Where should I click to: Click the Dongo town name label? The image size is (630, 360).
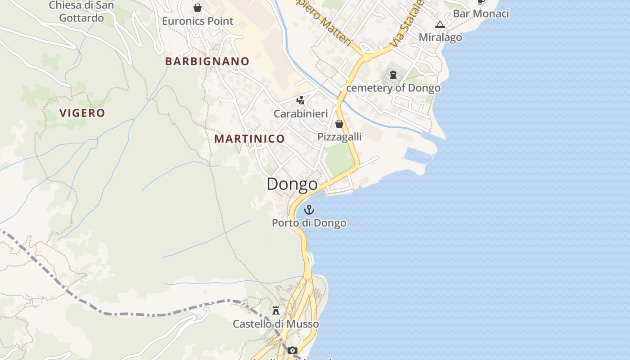pyautogui.click(x=292, y=184)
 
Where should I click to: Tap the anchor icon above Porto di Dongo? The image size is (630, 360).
pyautogui.click(x=309, y=209)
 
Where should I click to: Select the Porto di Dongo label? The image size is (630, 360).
pyautogui.click(x=309, y=223)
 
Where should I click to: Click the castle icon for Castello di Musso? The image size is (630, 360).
pyautogui.click(x=276, y=310)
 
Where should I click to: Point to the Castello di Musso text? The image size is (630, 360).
pyautogui.click(x=276, y=324)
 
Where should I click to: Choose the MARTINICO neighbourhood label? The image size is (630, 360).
pyautogui.click(x=249, y=139)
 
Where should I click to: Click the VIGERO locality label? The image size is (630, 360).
pyautogui.click(x=82, y=113)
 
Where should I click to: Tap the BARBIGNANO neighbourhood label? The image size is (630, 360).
pyautogui.click(x=207, y=62)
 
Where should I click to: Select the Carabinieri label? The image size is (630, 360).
pyautogui.click(x=301, y=114)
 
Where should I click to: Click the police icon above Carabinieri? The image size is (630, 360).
pyautogui.click(x=300, y=100)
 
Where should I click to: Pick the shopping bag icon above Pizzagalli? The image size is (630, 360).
pyautogui.click(x=339, y=124)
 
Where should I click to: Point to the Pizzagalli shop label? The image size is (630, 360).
pyautogui.click(x=340, y=137)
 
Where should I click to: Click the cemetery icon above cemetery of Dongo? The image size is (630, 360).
pyautogui.click(x=393, y=75)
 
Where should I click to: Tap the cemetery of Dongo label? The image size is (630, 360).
pyautogui.click(x=393, y=88)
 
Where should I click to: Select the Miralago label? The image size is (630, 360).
pyautogui.click(x=440, y=37)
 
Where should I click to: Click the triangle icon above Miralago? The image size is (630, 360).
pyautogui.click(x=440, y=24)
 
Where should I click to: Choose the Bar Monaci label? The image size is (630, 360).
pyautogui.click(x=481, y=13)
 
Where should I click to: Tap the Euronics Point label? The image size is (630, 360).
pyautogui.click(x=198, y=21)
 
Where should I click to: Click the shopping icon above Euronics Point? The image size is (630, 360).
pyautogui.click(x=197, y=8)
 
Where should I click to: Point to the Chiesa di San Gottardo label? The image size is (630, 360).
pyautogui.click(x=81, y=12)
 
